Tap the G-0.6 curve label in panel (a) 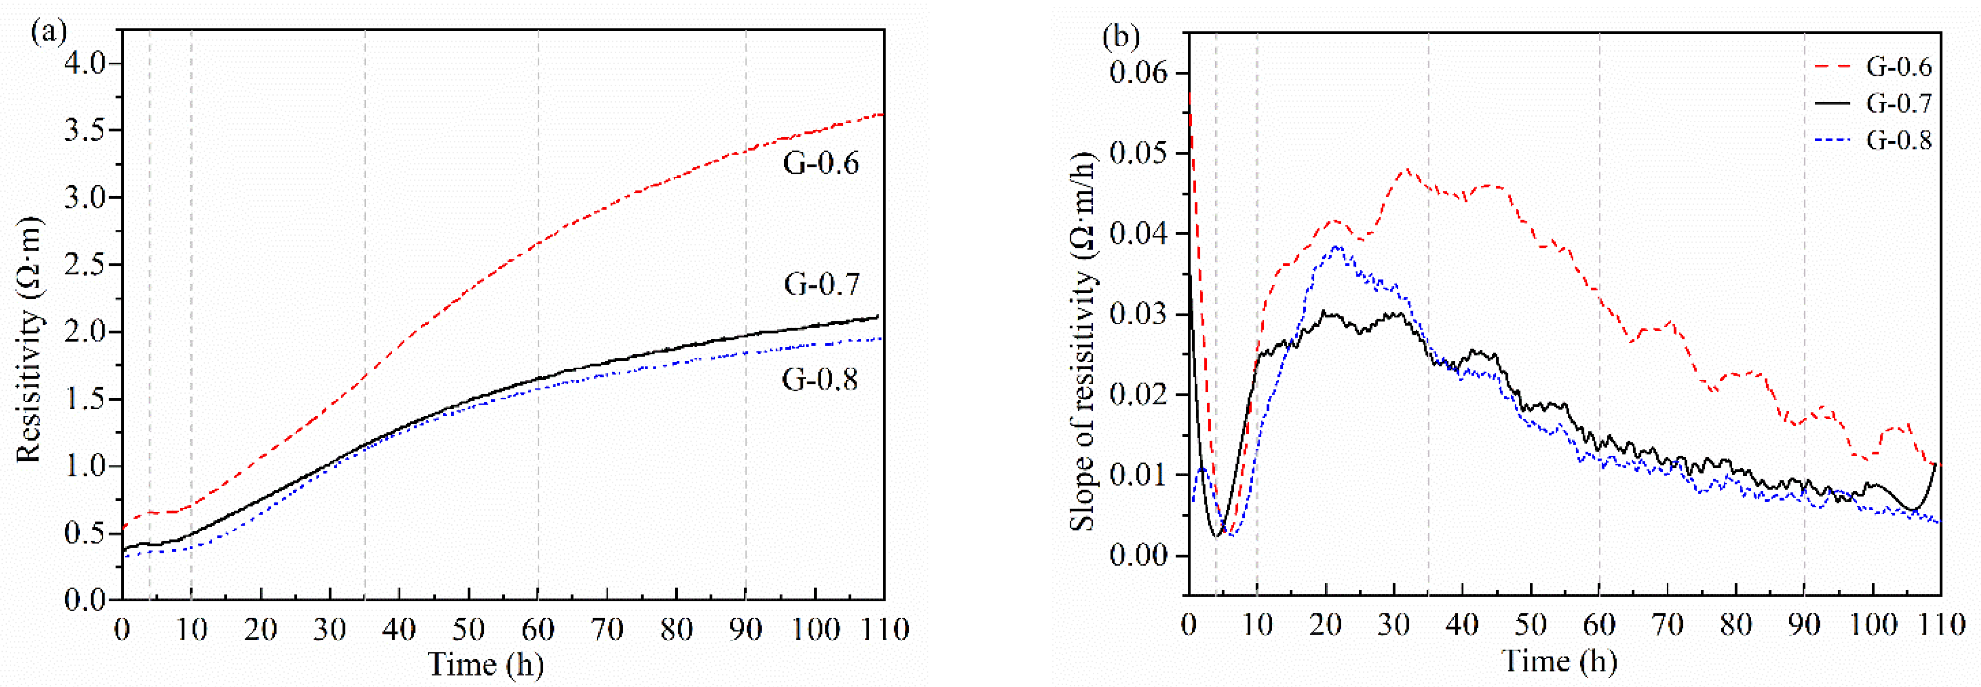(x=820, y=164)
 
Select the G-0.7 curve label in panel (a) (x=821, y=284)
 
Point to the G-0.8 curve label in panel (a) (x=820, y=379)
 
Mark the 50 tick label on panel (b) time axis (x=1531, y=625)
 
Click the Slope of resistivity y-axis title (x=1083, y=338)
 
